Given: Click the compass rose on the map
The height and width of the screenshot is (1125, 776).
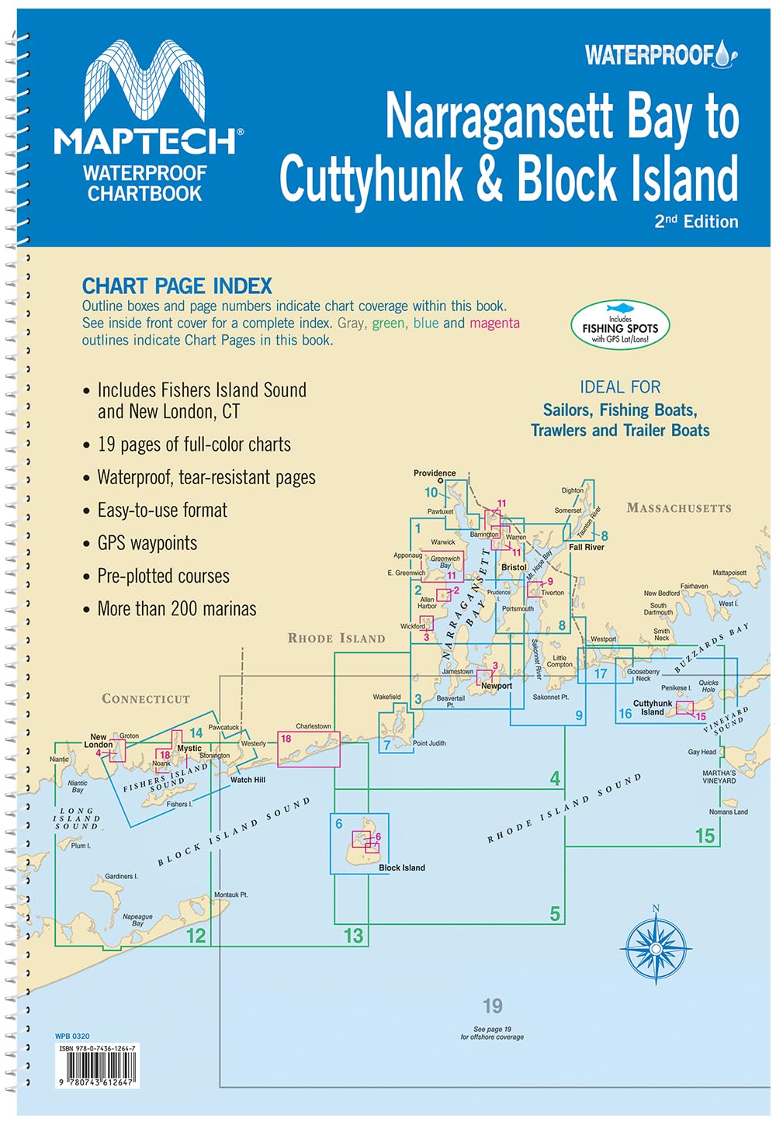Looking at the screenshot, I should [656, 947].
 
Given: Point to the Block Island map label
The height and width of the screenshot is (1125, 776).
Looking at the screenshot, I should [401, 867].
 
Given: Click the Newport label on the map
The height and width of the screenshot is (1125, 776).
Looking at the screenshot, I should [497, 686].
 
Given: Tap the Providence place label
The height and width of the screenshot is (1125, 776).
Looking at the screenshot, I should [435, 472].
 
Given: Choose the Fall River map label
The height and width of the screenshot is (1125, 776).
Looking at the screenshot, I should [586, 547].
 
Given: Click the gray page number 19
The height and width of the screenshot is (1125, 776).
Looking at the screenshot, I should [492, 1006].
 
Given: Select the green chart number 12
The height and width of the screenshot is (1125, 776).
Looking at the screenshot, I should [196, 936].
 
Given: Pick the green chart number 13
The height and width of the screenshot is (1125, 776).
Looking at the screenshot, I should [353, 936].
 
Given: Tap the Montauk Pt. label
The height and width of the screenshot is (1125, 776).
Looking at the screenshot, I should [230, 895].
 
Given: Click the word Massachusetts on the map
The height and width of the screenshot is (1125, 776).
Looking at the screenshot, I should [679, 508].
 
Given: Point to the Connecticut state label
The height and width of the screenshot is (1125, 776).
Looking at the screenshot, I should [146, 699].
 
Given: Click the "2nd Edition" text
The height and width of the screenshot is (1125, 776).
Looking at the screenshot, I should [696, 221].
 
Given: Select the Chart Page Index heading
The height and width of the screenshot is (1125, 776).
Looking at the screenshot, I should [177, 286].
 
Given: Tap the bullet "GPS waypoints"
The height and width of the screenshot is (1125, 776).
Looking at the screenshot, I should [147, 543].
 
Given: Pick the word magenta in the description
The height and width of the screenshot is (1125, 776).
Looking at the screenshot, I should [494, 323].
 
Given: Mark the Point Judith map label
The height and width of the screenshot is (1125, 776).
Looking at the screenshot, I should [429, 743].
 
